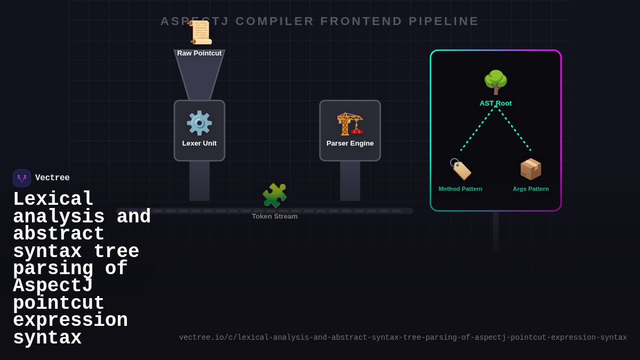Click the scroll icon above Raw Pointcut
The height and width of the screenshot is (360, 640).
point(201,33)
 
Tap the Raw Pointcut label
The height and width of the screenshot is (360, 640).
point(199,53)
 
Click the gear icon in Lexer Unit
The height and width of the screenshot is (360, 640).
point(199,123)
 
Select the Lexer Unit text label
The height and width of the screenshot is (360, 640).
point(199,143)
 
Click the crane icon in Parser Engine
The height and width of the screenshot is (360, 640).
point(350,123)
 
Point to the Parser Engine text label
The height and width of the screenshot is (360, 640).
point(350,143)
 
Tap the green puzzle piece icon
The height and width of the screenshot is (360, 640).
point(275,196)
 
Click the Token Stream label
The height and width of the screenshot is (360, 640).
point(275,217)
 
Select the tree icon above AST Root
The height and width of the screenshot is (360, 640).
point(495,82)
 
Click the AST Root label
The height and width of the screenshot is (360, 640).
point(495,103)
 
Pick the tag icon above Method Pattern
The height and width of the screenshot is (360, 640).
point(460,169)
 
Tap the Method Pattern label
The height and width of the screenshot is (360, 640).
point(460,189)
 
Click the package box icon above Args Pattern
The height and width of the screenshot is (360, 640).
point(531,169)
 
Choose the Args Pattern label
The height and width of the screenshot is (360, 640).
point(531,189)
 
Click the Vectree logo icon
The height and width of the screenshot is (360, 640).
point(22,178)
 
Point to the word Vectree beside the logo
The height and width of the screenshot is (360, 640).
point(52,178)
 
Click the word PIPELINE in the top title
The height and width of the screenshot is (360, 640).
point(444,21)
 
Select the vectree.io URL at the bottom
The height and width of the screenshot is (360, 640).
point(403,338)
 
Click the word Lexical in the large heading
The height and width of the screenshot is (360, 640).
point(53,199)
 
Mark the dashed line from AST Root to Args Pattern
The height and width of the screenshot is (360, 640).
point(515,129)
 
